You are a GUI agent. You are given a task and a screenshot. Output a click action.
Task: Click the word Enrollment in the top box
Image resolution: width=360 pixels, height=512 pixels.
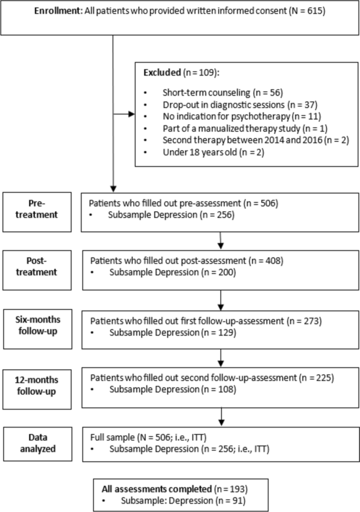point(56,12)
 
